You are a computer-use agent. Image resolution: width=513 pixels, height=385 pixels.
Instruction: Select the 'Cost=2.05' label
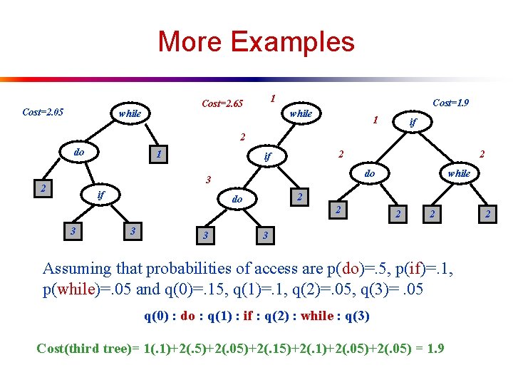pyautogui.click(x=43, y=112)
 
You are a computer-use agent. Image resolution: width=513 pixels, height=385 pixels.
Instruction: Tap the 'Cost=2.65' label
pyautogui.click(x=222, y=104)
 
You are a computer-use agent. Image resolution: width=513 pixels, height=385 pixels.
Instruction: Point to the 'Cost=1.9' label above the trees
pyautogui.click(x=451, y=103)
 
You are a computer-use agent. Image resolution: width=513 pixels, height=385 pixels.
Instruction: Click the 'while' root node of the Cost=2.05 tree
pyautogui.click(x=130, y=113)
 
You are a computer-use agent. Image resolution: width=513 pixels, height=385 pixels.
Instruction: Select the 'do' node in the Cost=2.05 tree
pyautogui.click(x=79, y=153)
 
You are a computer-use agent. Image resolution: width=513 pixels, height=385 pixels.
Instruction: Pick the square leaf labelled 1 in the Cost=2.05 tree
pyautogui.click(x=160, y=153)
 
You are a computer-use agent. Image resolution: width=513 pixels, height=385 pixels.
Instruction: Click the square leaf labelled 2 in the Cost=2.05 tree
pyautogui.click(x=44, y=188)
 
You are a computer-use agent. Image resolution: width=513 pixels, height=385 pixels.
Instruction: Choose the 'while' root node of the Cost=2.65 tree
pyautogui.click(x=301, y=113)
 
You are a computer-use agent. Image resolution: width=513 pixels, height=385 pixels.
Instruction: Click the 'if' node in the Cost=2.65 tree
pyautogui.click(x=268, y=155)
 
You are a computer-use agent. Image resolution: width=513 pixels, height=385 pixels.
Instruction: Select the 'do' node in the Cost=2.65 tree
pyautogui.click(x=238, y=200)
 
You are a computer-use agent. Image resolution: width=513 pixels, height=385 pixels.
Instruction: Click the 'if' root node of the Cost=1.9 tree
pyautogui.click(x=412, y=123)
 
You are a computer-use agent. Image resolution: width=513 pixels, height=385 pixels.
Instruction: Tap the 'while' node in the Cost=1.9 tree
pyautogui.click(x=458, y=173)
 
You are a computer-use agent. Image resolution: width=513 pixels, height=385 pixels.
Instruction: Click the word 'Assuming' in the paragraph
pyautogui.click(x=76, y=269)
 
